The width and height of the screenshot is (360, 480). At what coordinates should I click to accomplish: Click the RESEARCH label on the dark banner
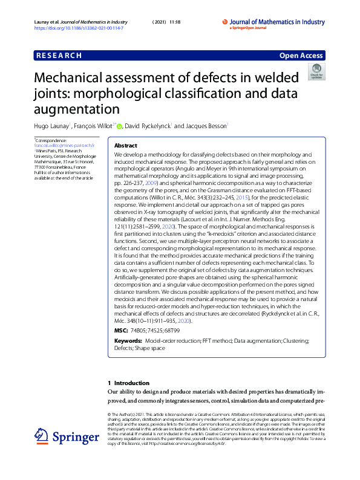click(x=59, y=56)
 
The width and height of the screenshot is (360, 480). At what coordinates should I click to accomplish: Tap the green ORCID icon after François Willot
click(x=119, y=126)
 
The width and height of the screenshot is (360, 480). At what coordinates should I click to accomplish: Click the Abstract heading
click(x=126, y=146)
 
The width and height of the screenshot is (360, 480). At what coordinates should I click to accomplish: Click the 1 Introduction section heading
click(x=128, y=383)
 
